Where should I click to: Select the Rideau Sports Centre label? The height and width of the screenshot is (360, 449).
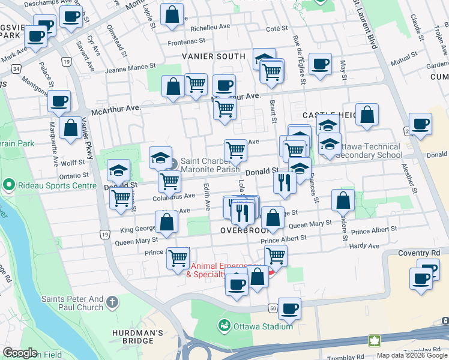click(50, 184)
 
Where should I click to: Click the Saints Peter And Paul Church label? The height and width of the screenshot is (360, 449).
click(73, 303)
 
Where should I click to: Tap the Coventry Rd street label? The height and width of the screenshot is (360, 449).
click(420, 253)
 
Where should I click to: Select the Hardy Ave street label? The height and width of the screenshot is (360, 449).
click(365, 246)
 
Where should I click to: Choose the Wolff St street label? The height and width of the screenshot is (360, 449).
click(73, 162)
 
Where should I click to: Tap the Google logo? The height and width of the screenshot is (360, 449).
click(20, 353)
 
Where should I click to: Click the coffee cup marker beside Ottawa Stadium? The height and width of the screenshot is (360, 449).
click(290, 310)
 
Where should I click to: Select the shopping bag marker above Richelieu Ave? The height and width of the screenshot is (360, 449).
click(172, 16)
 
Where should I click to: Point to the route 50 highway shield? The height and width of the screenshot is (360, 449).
click(273, 308)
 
